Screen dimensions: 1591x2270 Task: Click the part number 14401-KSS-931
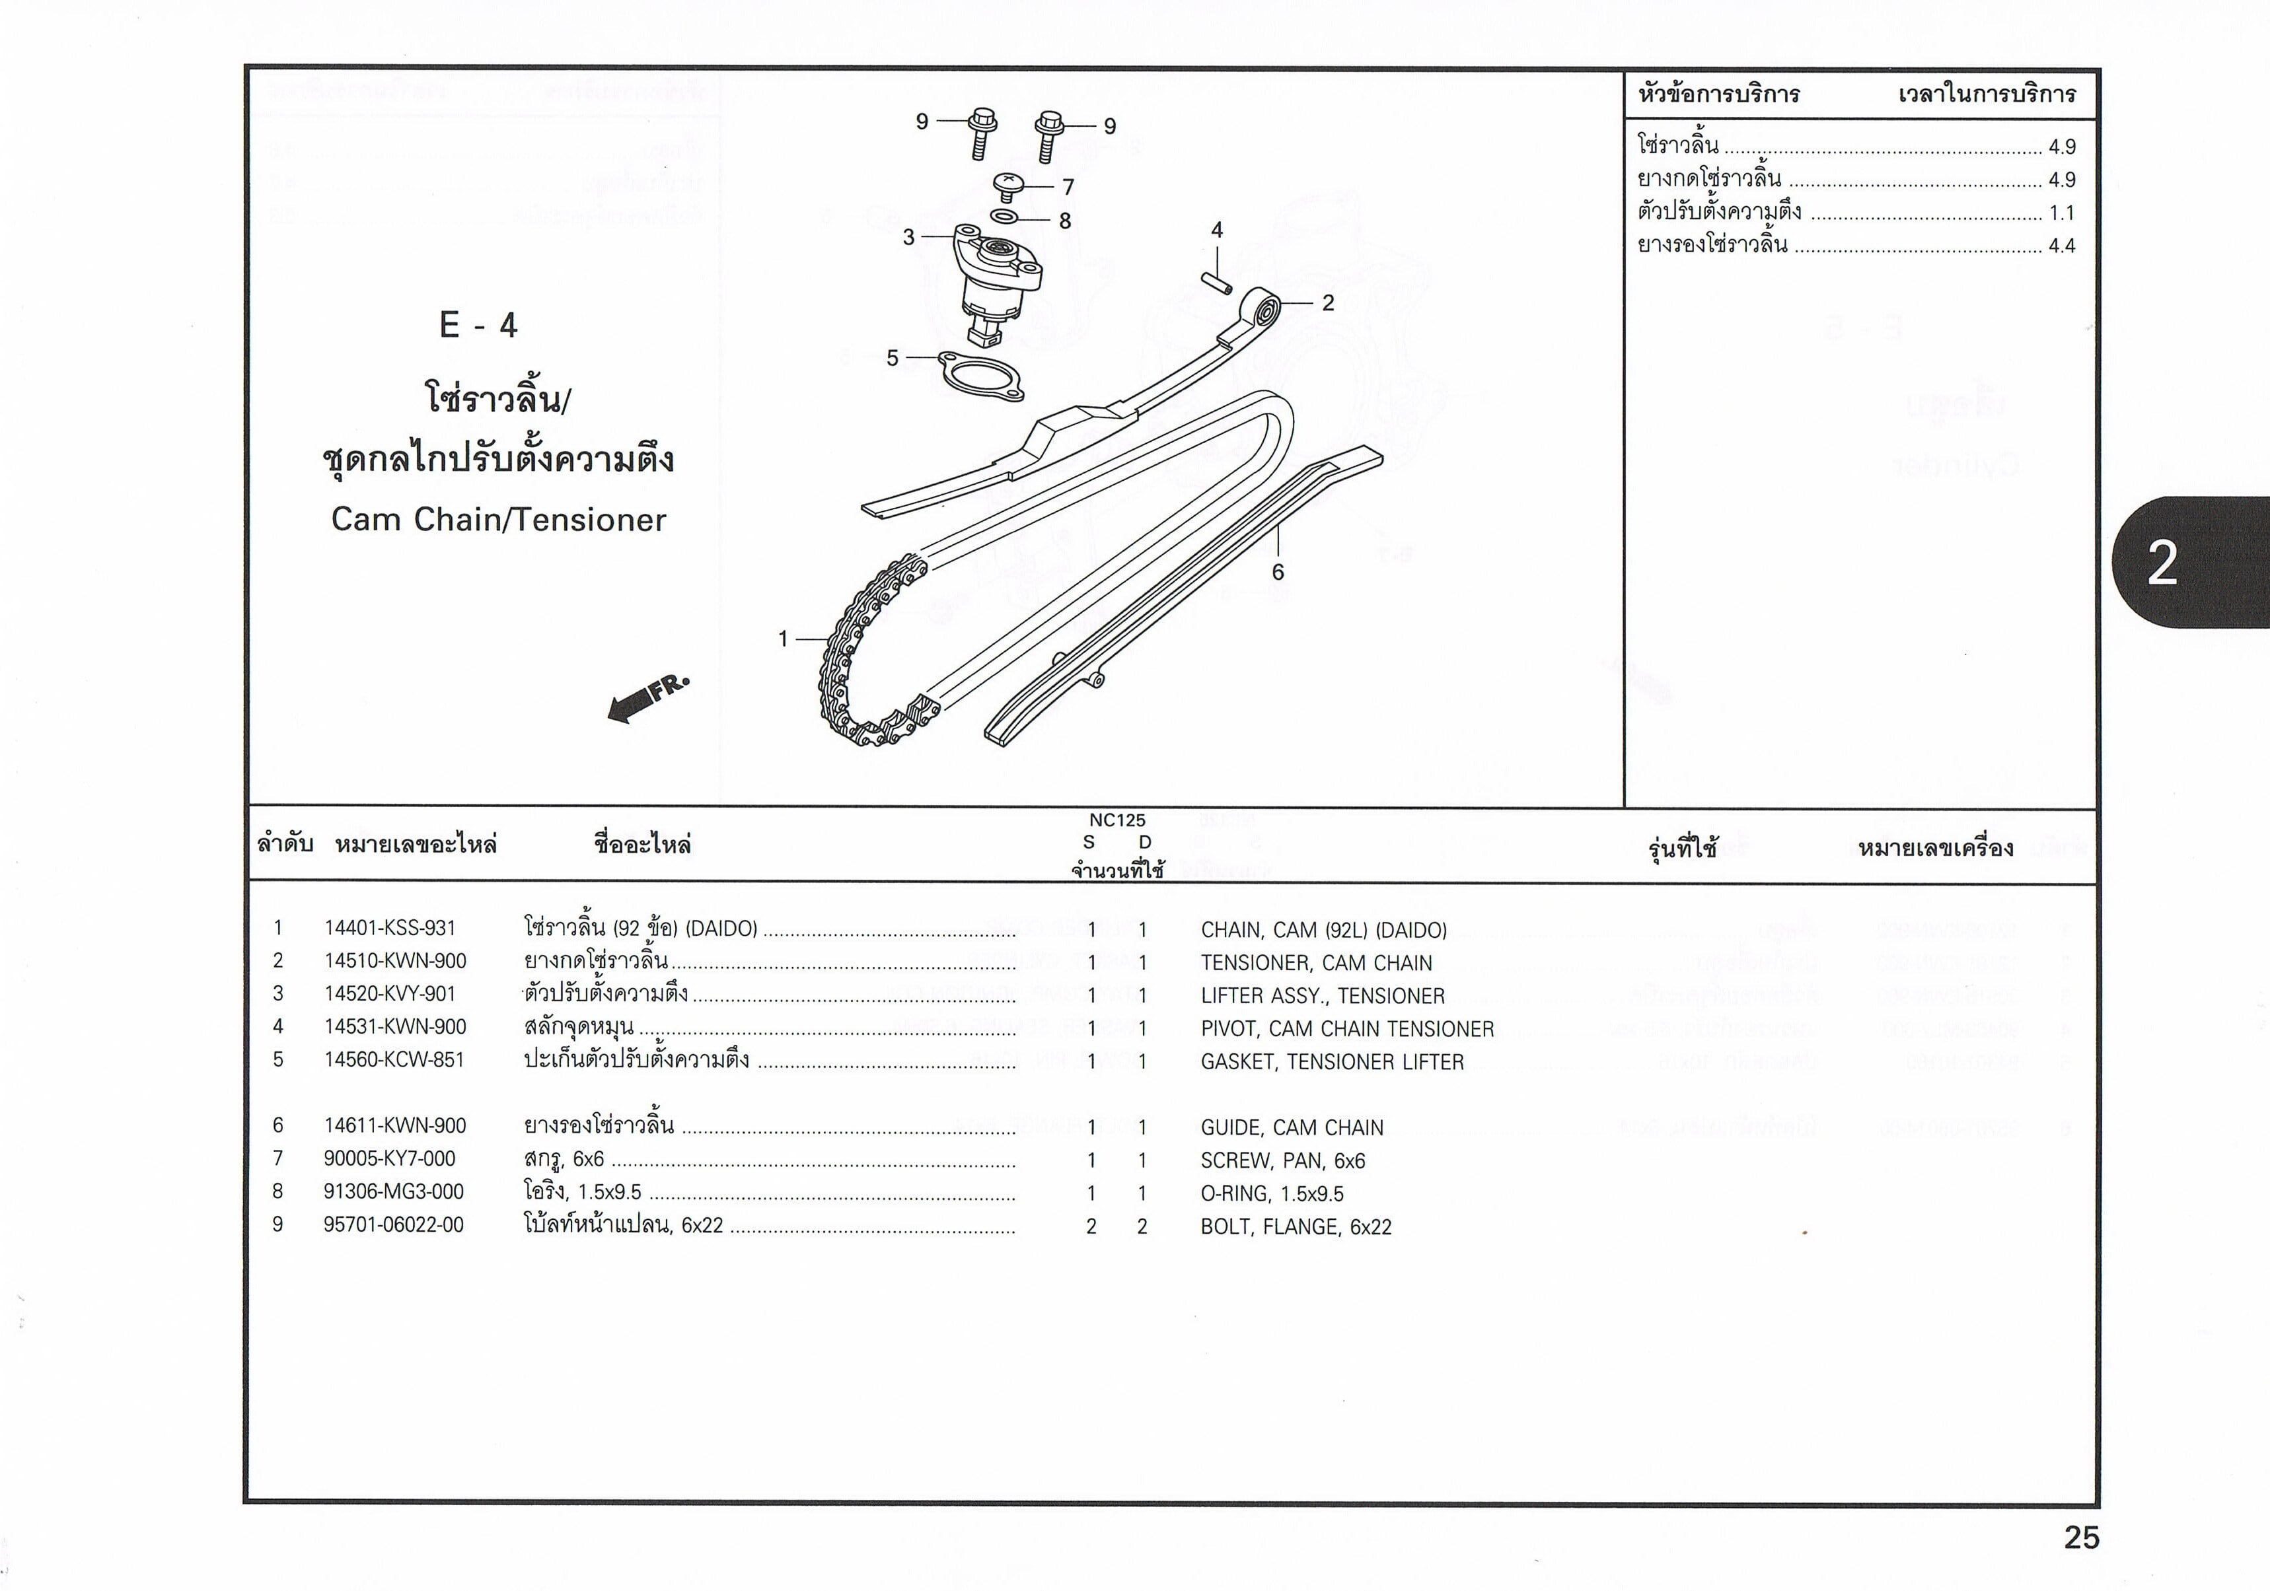pos(390,929)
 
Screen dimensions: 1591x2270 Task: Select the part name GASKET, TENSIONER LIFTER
pos(1332,1062)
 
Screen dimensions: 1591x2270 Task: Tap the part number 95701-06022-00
pos(394,1225)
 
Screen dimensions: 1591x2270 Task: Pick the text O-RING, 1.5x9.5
pos(1272,1193)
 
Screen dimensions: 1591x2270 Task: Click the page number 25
pos(2081,1538)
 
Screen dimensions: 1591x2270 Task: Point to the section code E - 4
pos(478,325)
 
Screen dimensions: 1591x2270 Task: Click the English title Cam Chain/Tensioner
pos(498,520)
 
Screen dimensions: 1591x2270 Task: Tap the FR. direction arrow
pos(647,699)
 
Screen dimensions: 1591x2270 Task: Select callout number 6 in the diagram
pos(1277,572)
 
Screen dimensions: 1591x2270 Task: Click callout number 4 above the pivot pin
pos(1217,230)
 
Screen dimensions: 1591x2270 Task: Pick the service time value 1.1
pos(2061,213)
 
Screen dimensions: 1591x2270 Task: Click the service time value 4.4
pos(2061,246)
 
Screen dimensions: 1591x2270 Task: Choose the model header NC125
pos(1117,820)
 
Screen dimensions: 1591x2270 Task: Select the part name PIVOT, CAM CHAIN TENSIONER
pos(1346,1030)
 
